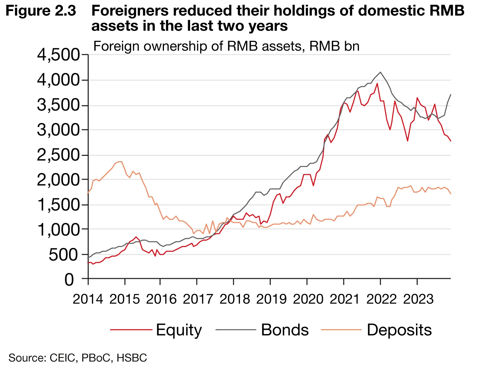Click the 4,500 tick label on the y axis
(59, 55)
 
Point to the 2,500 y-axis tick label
(59, 155)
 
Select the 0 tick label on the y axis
(69, 280)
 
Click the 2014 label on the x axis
(88, 299)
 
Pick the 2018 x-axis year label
(235, 299)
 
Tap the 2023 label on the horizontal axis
(418, 299)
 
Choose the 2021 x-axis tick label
(345, 299)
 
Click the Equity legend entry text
(179, 330)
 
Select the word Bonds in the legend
(285, 330)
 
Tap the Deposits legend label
(399, 330)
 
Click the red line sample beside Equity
(131, 330)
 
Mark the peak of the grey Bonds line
(380, 72)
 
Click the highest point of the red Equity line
(377, 83)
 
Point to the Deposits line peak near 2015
(120, 162)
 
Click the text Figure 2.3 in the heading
(41, 11)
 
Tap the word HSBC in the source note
(132, 358)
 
